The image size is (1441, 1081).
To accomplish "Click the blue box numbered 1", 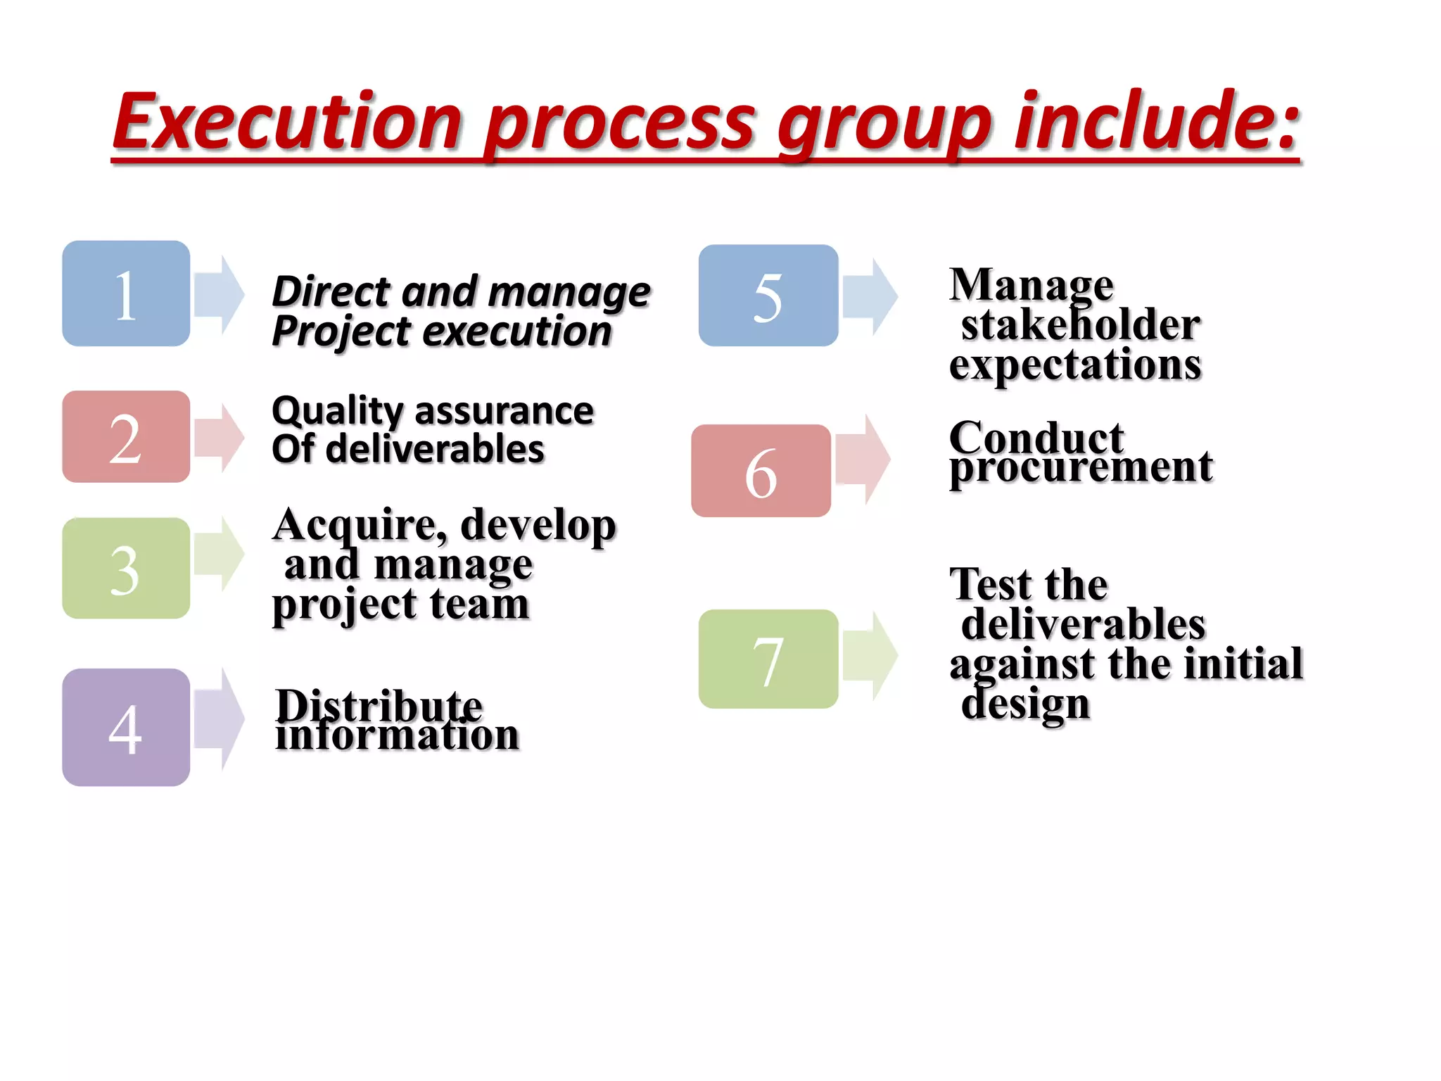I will coord(126,293).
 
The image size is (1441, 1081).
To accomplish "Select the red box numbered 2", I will coord(126,436).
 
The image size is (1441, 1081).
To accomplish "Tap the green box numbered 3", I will coord(126,568).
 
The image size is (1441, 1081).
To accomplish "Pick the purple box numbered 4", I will coord(126,727).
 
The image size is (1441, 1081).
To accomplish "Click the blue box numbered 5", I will coord(768,296).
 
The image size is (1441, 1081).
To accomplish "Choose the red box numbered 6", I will coord(761,471).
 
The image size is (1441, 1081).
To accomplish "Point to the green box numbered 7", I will coord(768,659).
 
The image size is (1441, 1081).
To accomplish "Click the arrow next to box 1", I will coord(219,295).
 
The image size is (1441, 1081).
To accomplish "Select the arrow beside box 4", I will coord(219,719).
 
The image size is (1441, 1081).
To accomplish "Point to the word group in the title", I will coord(884,125).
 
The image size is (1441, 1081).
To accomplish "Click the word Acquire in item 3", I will coord(359,526).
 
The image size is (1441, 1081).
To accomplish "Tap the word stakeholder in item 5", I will coord(1081,325).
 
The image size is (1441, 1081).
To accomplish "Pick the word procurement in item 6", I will coord(1081,468).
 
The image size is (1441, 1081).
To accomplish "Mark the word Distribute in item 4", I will coord(379,705).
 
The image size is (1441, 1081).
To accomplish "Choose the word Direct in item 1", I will coord(331,291).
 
